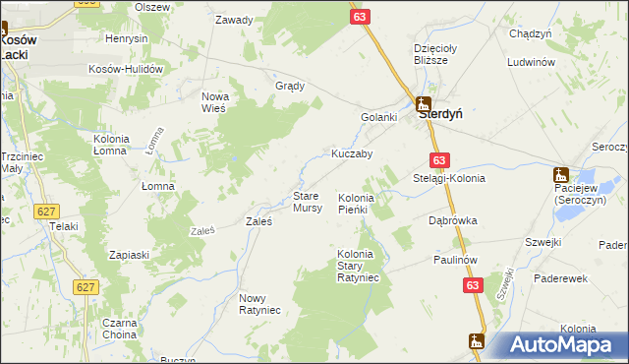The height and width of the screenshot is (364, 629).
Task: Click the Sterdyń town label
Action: click(x=441, y=114)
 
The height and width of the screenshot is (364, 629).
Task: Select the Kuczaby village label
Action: click(x=351, y=154)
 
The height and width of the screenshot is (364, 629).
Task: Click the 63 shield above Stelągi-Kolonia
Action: click(x=439, y=160)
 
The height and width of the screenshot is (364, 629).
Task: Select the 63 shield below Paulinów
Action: click(x=475, y=283)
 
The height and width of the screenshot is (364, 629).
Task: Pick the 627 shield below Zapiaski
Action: click(x=86, y=286)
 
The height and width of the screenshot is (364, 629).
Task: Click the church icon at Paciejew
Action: click(x=561, y=173)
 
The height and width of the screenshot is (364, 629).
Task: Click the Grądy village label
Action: click(x=291, y=86)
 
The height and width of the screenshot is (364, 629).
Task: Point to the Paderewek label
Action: click(x=560, y=278)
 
